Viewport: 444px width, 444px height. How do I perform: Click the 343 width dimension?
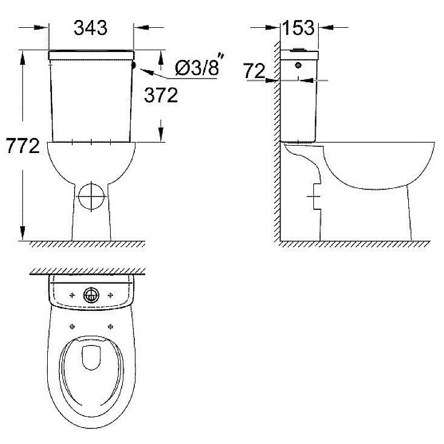point(90,27)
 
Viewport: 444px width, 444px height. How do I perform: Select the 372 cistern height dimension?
point(161,94)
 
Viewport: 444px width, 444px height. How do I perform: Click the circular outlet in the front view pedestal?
point(91,197)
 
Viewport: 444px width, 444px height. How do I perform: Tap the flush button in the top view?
point(91,295)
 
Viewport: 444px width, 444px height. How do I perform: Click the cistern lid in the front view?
point(91,54)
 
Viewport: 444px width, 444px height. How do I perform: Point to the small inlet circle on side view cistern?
point(299,64)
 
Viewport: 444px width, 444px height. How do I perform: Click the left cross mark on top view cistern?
point(71,295)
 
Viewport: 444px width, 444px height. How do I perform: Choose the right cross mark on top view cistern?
point(111,295)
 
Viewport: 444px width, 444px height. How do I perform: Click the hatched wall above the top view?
point(91,271)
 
